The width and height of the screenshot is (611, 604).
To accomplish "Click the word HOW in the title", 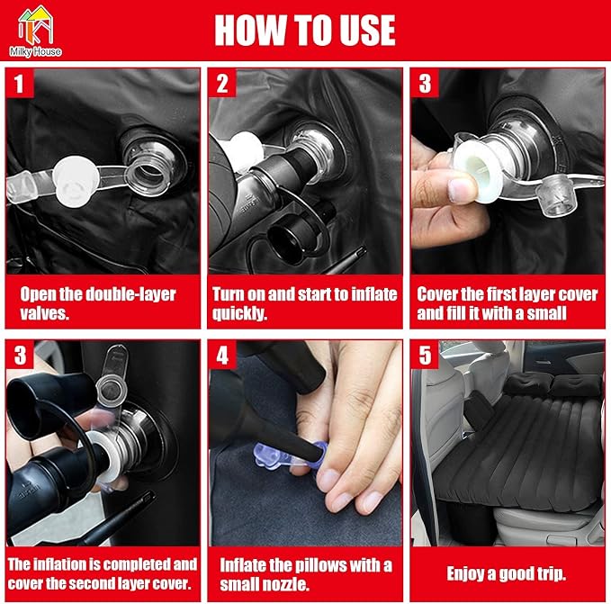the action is tap(249, 30).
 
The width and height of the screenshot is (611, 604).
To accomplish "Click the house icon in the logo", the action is tap(35, 25).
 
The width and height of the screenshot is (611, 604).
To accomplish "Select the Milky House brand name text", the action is tap(35, 51).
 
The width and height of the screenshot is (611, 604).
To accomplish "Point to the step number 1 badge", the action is tap(20, 84).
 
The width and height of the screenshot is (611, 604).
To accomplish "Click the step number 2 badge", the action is tap(222, 84).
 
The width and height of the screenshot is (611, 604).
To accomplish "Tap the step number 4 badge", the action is tap(222, 356).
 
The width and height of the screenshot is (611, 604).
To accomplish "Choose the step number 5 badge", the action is tap(425, 356).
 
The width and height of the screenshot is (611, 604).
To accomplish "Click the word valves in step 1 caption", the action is tap(44, 313).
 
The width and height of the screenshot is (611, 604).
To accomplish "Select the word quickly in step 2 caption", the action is tap(239, 313).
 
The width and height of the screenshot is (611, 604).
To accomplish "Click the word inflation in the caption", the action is tap(61, 564).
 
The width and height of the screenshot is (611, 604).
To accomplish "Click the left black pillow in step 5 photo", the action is tap(527, 383).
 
